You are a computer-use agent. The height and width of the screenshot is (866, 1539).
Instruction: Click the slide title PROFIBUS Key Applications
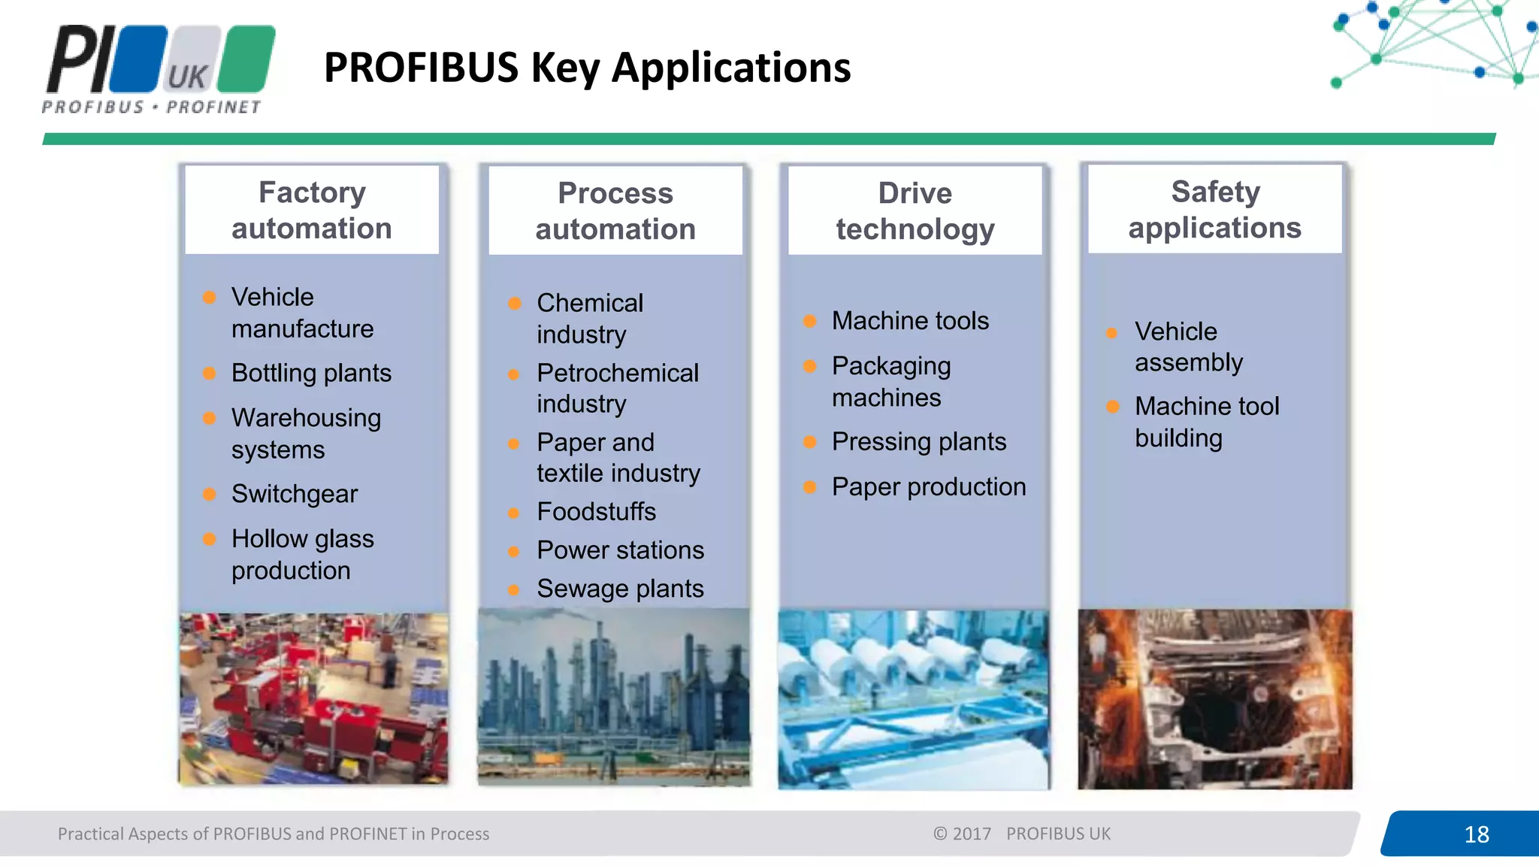click(x=587, y=68)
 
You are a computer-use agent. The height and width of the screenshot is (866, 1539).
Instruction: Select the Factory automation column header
click(x=312, y=210)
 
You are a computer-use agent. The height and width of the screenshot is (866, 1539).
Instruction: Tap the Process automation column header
click(x=615, y=211)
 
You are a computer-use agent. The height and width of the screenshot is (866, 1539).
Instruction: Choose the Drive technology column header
click(x=915, y=211)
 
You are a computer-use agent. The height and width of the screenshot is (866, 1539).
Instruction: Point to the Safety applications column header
click(x=1214, y=210)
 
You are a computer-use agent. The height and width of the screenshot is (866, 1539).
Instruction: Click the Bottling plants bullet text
click(x=311, y=373)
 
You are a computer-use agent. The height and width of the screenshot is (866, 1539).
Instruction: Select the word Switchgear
click(x=295, y=494)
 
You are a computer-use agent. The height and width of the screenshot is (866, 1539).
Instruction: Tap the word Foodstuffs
click(x=596, y=512)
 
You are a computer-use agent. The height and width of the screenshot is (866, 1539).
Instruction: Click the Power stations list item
click(x=620, y=550)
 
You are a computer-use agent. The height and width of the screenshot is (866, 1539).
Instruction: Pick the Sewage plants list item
click(x=620, y=589)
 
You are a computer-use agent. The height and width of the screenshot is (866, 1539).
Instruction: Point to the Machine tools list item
click(x=910, y=321)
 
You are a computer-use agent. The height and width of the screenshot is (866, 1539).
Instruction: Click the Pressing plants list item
click(x=918, y=442)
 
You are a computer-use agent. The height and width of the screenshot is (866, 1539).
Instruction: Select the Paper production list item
click(x=928, y=487)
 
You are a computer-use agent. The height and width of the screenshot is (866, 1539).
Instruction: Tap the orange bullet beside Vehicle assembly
click(x=1112, y=332)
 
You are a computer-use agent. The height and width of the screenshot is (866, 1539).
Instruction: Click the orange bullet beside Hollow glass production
click(x=210, y=539)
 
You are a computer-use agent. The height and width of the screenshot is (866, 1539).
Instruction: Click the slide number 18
click(x=1476, y=834)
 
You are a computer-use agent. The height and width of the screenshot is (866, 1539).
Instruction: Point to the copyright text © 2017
click(x=962, y=834)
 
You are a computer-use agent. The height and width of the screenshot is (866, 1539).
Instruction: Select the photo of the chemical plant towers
click(x=614, y=697)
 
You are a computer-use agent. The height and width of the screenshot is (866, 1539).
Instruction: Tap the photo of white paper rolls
click(x=913, y=698)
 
